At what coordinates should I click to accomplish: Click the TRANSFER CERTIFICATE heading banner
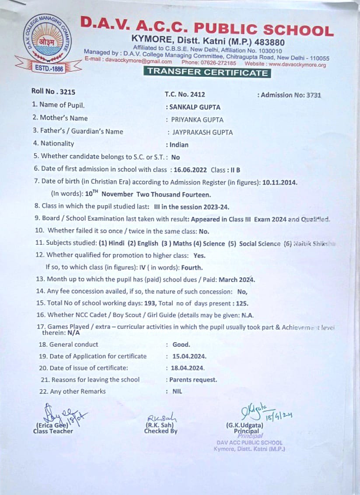pyautogui.click(x=207, y=73)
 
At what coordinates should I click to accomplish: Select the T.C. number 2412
pyautogui.click(x=197, y=94)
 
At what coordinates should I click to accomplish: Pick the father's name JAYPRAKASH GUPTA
pyautogui.click(x=202, y=132)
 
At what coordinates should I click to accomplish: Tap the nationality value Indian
pyautogui.click(x=179, y=145)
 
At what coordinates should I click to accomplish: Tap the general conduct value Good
pyautogui.click(x=181, y=345)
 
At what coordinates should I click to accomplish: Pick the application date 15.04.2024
pyautogui.click(x=189, y=356)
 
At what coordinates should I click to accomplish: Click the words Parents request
pyautogui.click(x=193, y=380)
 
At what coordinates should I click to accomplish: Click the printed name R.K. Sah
pyautogui.click(x=161, y=425)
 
